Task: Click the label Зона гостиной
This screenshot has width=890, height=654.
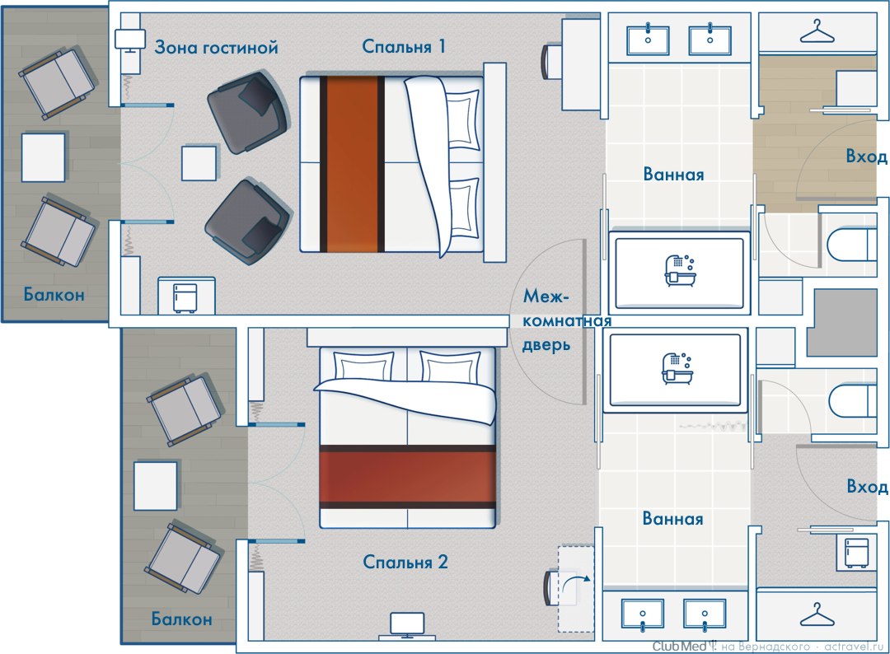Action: click(x=216, y=46)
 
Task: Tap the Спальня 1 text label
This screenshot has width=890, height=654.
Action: click(x=404, y=46)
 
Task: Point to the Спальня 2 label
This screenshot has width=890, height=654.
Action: click(x=405, y=562)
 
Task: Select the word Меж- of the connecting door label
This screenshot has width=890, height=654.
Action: click(x=546, y=296)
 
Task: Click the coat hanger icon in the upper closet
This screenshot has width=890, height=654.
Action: click(x=817, y=32)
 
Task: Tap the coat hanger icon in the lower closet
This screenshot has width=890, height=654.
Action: click(x=817, y=614)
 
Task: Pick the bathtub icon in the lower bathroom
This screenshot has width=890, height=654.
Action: click(x=677, y=368)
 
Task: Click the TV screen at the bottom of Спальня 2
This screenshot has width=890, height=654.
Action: click(x=407, y=624)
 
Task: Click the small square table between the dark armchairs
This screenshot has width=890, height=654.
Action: click(x=199, y=163)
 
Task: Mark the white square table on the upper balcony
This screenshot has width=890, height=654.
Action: click(x=43, y=157)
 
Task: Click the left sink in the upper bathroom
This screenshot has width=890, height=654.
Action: click(x=648, y=41)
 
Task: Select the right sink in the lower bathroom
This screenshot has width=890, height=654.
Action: click(x=705, y=615)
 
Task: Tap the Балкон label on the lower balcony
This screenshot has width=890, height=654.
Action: click(x=181, y=619)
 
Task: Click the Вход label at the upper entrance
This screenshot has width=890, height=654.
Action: click(x=866, y=156)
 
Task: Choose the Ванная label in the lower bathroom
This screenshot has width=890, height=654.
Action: click(x=672, y=518)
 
